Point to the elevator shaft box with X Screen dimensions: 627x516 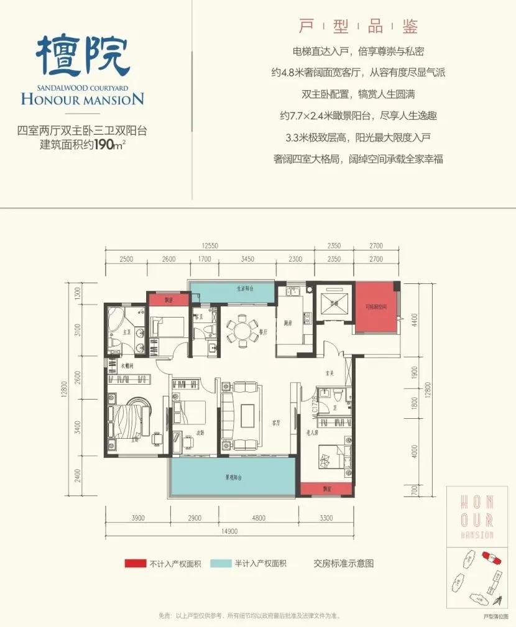(x=334, y=304)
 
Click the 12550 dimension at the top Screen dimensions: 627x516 (x=210, y=246)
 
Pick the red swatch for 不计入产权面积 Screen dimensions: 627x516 (x=134, y=564)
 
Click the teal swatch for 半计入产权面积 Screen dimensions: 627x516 (x=219, y=564)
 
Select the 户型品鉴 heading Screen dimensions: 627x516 (x=359, y=25)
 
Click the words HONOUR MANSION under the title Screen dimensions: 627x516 (x=82, y=98)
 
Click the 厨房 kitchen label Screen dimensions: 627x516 (x=287, y=324)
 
